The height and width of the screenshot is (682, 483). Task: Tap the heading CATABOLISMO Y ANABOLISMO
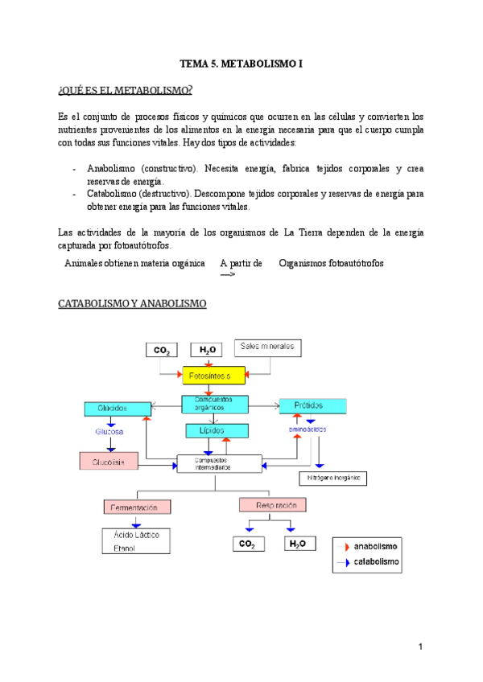(x=133, y=304)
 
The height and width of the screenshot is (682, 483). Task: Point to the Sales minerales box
(x=268, y=348)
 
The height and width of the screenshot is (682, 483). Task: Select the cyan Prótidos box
(x=312, y=406)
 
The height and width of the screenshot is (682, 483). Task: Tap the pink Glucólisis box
(x=109, y=462)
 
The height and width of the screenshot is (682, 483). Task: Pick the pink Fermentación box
(x=138, y=507)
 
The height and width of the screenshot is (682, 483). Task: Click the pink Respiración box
(x=273, y=505)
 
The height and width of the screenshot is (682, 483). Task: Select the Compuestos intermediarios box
(x=219, y=464)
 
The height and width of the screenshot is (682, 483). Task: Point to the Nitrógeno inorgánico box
(x=332, y=478)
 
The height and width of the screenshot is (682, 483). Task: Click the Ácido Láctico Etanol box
(x=136, y=540)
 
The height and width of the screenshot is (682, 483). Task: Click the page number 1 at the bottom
(x=420, y=647)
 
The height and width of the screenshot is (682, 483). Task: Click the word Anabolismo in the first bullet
(x=113, y=169)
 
